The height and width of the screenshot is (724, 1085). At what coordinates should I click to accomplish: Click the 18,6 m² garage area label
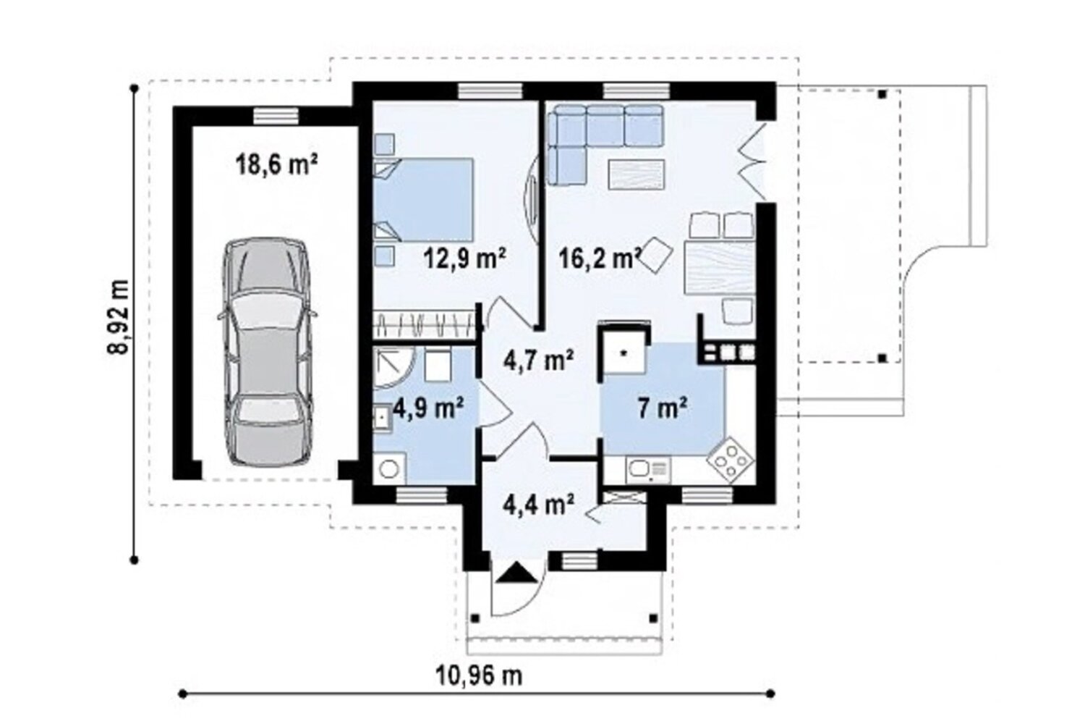click(x=276, y=164)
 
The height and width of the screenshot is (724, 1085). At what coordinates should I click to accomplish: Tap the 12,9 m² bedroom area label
click(x=465, y=258)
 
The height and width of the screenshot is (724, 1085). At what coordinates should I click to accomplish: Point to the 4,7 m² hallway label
click(x=539, y=361)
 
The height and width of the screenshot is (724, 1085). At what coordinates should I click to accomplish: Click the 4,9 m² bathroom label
click(x=428, y=408)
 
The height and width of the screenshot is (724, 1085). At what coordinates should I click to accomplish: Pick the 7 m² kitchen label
click(x=663, y=408)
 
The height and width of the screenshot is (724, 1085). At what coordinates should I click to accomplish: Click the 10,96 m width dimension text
click(x=480, y=675)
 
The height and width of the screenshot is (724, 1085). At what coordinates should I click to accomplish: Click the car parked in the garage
click(x=268, y=352)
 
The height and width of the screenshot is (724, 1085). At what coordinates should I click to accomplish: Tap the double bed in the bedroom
click(x=424, y=199)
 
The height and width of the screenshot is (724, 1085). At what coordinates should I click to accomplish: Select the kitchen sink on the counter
click(x=648, y=469)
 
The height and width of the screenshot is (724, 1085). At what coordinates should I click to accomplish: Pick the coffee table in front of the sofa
click(x=636, y=174)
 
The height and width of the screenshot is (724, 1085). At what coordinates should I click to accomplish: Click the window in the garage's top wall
click(x=276, y=115)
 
